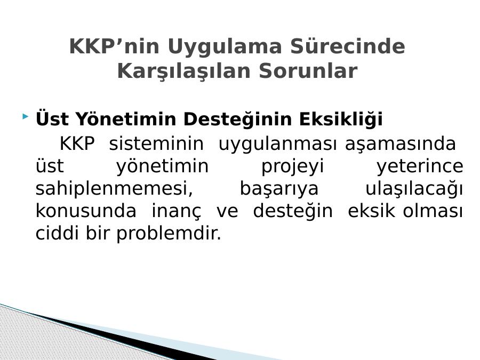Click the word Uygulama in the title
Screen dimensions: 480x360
pos(225,47)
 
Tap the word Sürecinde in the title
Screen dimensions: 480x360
pos(348,46)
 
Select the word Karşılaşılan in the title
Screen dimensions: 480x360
pos(184,71)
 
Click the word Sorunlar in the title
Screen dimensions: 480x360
pos(308,71)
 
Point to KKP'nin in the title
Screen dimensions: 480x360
pos(114,46)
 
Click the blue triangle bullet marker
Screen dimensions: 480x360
pos(26,116)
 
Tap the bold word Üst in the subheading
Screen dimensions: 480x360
pos(52,118)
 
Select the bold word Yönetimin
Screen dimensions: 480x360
pos(126,118)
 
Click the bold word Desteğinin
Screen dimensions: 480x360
pos(237,119)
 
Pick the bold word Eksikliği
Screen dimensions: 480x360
pos(341,119)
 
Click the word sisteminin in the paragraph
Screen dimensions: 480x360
pos(156,143)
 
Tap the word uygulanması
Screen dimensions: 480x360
pos(277,145)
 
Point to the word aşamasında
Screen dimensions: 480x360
pos(401,145)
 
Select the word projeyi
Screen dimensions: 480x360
pos(292,167)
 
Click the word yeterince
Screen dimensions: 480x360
pos(420,167)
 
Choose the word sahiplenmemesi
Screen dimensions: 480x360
pos(114,189)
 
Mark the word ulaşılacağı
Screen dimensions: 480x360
pos(414,189)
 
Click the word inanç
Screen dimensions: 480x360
pos(177,212)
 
